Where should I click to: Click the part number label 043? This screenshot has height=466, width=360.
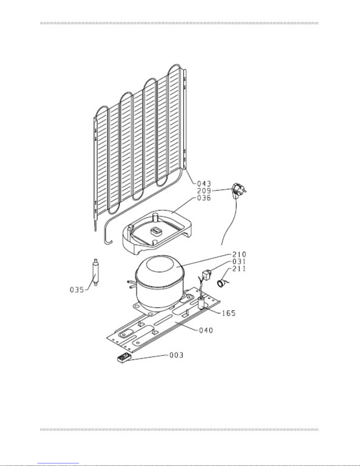pos(204,184)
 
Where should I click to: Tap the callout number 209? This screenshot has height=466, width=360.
pos(204,191)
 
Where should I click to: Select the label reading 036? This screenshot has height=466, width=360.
pos(204,198)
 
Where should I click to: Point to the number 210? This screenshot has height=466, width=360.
pos(239,255)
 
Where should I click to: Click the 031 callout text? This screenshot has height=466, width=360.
pos(239,262)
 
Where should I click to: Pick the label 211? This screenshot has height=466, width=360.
pos(239,269)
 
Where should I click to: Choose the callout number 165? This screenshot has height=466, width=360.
pos(229,313)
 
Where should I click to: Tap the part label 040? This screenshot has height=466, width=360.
pos(206,330)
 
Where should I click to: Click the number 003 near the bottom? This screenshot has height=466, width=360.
pos(177,355)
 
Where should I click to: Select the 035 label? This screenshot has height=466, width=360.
pos(77,290)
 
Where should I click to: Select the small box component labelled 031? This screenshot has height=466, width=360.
pos(206,275)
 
